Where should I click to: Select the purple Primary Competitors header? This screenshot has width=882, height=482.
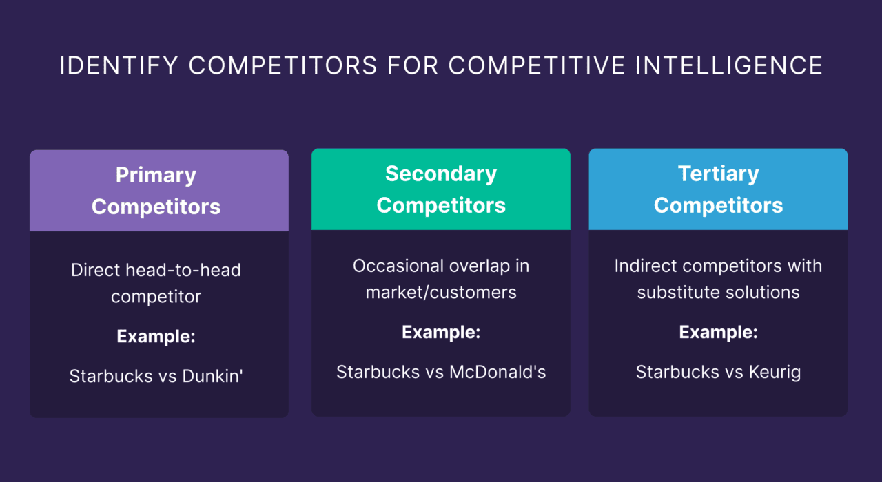(158, 191)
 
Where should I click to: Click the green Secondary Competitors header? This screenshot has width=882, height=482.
(441, 189)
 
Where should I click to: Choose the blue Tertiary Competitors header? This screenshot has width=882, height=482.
(718, 189)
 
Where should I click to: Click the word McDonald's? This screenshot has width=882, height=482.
(498, 372)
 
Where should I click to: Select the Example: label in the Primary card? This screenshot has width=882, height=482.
(156, 337)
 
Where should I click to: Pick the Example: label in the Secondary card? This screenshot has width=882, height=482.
(441, 333)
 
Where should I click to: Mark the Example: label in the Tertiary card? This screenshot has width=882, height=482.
(718, 333)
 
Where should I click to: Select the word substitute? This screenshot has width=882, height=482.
(679, 292)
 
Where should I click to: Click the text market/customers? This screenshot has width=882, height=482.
(441, 292)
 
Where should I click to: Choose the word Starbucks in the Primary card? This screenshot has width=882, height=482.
(107, 376)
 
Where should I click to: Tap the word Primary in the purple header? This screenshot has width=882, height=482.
(156, 175)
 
